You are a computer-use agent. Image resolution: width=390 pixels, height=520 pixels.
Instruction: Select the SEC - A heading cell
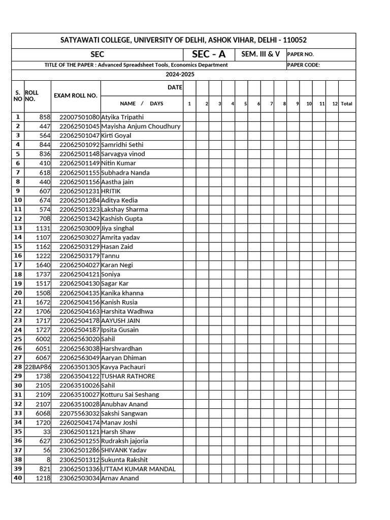point(209,54)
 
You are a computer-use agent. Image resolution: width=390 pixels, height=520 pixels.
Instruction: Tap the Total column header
point(347,104)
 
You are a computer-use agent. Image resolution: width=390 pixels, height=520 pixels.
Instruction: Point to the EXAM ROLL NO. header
point(75,95)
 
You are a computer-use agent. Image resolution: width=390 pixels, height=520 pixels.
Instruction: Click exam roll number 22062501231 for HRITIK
point(80,191)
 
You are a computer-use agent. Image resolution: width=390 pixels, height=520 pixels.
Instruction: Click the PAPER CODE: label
point(304,65)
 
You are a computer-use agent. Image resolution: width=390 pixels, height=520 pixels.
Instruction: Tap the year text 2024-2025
point(180,75)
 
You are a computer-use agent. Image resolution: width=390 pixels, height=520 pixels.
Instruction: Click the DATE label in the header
point(174,87)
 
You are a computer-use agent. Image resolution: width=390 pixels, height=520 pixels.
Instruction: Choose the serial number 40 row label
point(18,478)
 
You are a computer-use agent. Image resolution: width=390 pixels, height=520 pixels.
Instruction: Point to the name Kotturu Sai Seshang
point(130,395)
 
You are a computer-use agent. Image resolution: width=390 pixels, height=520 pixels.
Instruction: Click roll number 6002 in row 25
point(43,339)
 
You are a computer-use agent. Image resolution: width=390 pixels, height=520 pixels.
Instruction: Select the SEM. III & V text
point(261,54)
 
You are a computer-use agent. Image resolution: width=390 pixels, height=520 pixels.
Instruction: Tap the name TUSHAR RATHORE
point(128,376)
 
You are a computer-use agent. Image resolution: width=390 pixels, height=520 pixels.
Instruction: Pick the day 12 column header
point(335,104)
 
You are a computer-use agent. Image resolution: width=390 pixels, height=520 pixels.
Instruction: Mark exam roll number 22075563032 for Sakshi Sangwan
point(80,413)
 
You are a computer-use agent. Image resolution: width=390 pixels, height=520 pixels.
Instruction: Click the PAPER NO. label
point(301,54)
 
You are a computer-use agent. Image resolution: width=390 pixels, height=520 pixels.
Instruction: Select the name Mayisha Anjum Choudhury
point(141,126)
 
